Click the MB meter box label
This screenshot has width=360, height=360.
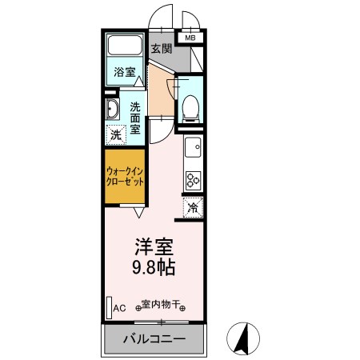click(190, 38)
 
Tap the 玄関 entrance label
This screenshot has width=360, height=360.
click(162, 49)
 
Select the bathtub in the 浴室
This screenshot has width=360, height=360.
click(125, 45)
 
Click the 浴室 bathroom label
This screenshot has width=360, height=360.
click(125, 72)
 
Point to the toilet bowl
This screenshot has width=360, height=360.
click(190, 109)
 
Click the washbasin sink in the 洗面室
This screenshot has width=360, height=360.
click(112, 109)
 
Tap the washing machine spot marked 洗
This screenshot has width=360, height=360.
click(116, 134)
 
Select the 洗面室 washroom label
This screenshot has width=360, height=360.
click(135, 118)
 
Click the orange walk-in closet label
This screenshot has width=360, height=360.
click(125, 177)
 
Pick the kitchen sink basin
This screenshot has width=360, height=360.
click(194, 147)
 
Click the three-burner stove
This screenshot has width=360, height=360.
click(194, 181)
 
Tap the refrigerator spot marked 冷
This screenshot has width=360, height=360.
click(193, 207)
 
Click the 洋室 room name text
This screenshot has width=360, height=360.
click(154, 246)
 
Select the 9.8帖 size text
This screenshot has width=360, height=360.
click(154, 267)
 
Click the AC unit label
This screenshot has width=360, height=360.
click(119, 308)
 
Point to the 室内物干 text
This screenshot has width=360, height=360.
click(160, 304)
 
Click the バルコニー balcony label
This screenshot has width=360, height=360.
click(154, 339)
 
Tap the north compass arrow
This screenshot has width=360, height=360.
click(243, 338)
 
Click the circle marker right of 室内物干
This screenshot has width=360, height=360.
click(182, 309)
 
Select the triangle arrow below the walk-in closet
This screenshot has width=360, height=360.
click(139, 213)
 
